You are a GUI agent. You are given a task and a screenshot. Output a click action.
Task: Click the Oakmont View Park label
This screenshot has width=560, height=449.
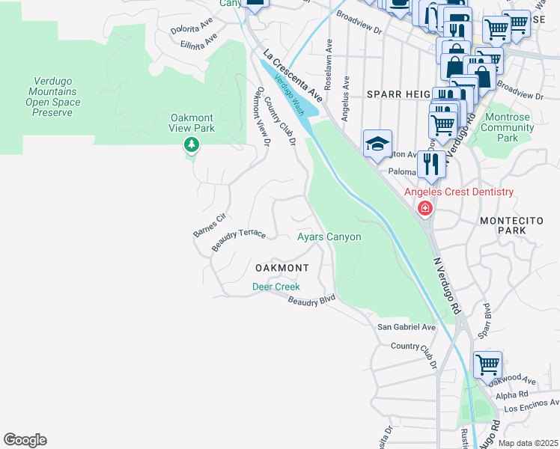pos(192,123)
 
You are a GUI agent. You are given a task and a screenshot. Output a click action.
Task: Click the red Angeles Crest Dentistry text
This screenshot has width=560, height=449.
pos(459,192)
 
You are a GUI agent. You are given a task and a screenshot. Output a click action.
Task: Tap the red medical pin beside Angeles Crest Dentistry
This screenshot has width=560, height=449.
pos(425,208)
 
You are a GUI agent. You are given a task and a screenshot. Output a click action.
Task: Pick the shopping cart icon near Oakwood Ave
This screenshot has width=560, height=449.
pos(487,364)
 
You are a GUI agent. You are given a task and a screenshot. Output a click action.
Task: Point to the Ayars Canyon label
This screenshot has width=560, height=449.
pos(329,236)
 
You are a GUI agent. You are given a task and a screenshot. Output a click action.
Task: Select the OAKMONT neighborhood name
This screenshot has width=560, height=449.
pos(281,267)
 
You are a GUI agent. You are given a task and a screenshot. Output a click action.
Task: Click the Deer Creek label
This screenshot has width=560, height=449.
pos(276,287)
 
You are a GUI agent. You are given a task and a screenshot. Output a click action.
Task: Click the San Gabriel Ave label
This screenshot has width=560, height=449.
pos(406,327)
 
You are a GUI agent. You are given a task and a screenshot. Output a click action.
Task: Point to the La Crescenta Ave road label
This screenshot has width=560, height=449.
pos(293,76)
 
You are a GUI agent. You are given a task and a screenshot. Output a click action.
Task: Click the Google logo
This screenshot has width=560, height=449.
pos(25,440)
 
